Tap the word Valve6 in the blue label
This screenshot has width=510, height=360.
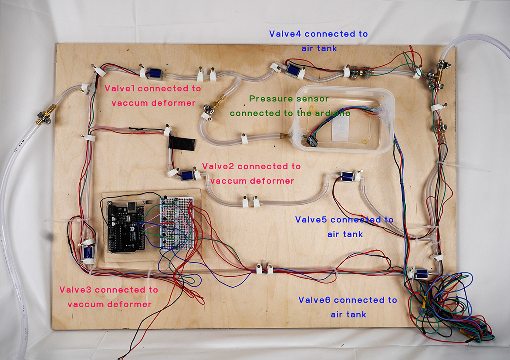(x=314, y=300)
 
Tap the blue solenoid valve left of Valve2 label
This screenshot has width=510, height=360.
(x=187, y=175)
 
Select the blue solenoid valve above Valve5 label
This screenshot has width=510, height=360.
(x=347, y=177)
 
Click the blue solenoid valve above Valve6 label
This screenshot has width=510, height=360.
(x=421, y=274)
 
